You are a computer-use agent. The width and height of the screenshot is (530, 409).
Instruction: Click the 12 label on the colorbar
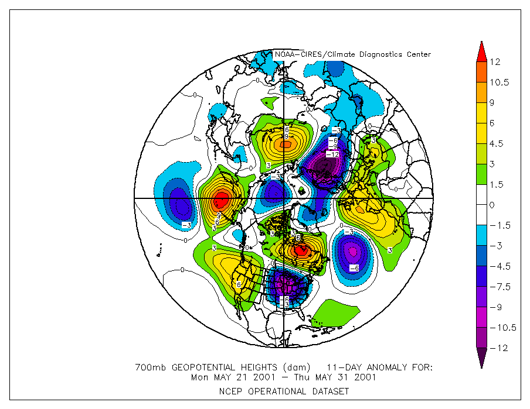pos(495,61)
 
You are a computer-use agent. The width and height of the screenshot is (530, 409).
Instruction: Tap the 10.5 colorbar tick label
pos(500,82)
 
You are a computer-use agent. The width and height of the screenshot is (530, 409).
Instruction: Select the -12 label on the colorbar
pos(498,348)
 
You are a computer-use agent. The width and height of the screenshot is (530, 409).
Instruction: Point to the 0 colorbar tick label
pos(492,205)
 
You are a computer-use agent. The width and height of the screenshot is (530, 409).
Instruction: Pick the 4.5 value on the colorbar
pos(497,143)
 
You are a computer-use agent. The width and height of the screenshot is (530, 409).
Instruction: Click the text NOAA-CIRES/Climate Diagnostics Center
pos(353,54)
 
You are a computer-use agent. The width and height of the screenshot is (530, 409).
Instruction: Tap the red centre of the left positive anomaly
pos(220,201)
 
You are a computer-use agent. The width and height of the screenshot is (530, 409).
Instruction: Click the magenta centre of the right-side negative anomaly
pos(352,252)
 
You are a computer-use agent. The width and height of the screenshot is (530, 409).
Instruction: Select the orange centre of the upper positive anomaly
pos(286,143)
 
